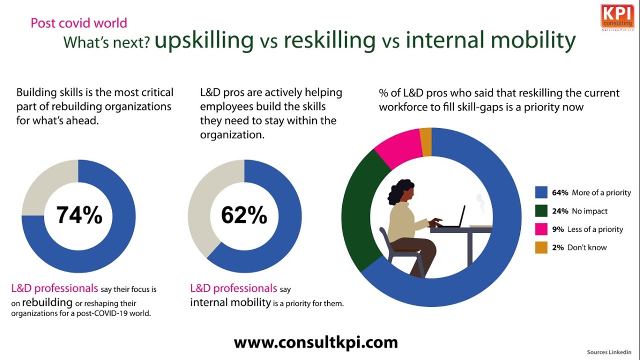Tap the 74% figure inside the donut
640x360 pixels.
pos(79,215)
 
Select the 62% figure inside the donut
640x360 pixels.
pos(244,215)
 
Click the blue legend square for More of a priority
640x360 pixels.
pos(541,192)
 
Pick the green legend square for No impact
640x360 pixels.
pos(541,211)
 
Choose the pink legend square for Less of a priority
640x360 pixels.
pos(541,229)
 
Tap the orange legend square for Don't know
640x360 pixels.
pos(541,247)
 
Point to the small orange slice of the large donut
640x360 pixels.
pos(425,142)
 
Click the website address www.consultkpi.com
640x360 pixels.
pos(315,342)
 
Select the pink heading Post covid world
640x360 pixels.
pos(79,23)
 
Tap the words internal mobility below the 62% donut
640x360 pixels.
pos(230,302)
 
